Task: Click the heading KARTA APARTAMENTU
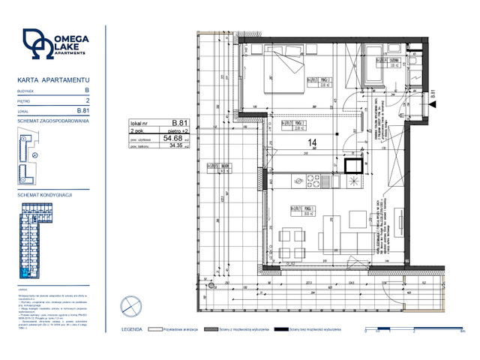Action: [53, 79]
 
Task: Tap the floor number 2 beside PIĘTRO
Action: [88, 100]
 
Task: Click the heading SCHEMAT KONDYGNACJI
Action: [44, 194]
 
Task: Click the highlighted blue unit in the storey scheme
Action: [26, 272]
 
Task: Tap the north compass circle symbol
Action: [130, 304]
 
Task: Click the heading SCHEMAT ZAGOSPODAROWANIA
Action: [52, 121]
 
